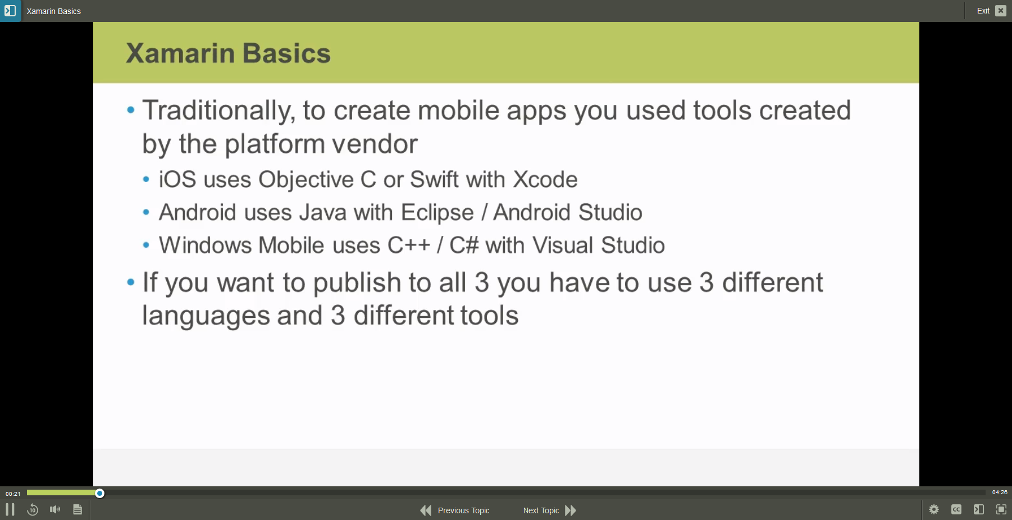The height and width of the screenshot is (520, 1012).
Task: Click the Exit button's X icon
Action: tap(1001, 11)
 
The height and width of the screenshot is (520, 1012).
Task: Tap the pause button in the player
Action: tap(10, 509)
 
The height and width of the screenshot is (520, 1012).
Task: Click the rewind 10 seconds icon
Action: tap(33, 509)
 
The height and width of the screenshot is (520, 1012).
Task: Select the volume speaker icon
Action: tap(55, 509)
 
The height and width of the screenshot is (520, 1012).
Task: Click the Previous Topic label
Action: tap(463, 510)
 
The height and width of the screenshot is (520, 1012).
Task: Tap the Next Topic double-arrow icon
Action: tap(571, 510)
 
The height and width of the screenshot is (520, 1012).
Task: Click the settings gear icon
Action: tap(934, 509)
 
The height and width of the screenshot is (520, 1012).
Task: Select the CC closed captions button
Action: tap(956, 509)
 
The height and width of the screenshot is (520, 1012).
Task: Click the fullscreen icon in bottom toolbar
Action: tap(1001, 509)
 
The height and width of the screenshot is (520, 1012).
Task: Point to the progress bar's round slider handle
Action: tap(99, 493)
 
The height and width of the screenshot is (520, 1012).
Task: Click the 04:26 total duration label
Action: tap(1000, 492)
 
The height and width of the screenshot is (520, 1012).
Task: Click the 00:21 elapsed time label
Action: tap(13, 494)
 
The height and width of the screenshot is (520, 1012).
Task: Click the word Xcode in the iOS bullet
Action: tap(545, 180)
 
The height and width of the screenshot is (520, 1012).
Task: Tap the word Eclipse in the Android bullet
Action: tap(437, 213)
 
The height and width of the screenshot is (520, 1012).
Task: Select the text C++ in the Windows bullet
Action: tap(409, 245)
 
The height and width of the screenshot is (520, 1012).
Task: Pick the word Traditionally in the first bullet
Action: tap(218, 111)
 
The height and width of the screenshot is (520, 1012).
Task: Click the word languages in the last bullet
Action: tap(206, 316)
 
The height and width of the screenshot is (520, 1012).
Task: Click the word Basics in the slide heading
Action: tap(287, 53)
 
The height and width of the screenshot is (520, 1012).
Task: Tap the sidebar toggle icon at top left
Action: tap(10, 11)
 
